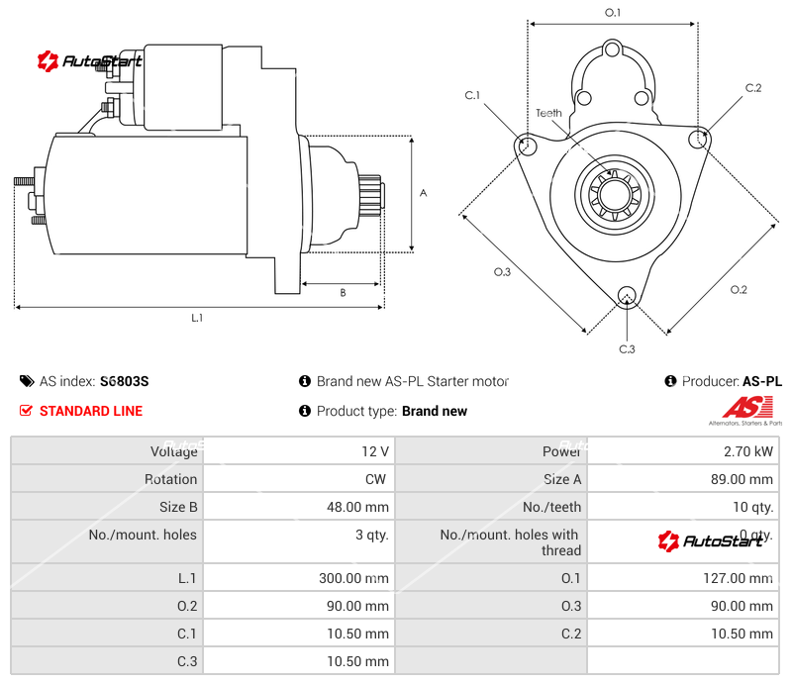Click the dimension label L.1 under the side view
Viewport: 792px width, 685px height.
(x=197, y=318)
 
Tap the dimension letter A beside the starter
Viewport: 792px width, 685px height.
(x=423, y=193)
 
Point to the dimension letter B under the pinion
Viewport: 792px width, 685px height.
(x=343, y=292)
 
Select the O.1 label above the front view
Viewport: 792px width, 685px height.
(x=613, y=12)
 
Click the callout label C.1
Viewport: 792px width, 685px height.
(x=472, y=95)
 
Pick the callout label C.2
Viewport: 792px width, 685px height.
(x=753, y=88)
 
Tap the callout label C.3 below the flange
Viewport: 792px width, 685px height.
(x=627, y=348)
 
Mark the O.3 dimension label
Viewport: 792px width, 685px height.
(x=502, y=272)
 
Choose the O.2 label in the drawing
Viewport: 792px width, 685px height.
(x=739, y=289)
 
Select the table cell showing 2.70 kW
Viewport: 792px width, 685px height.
(x=748, y=451)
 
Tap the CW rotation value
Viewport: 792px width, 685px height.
(x=377, y=479)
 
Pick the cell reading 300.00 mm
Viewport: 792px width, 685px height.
(x=347, y=578)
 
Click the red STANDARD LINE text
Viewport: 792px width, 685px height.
(x=91, y=411)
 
